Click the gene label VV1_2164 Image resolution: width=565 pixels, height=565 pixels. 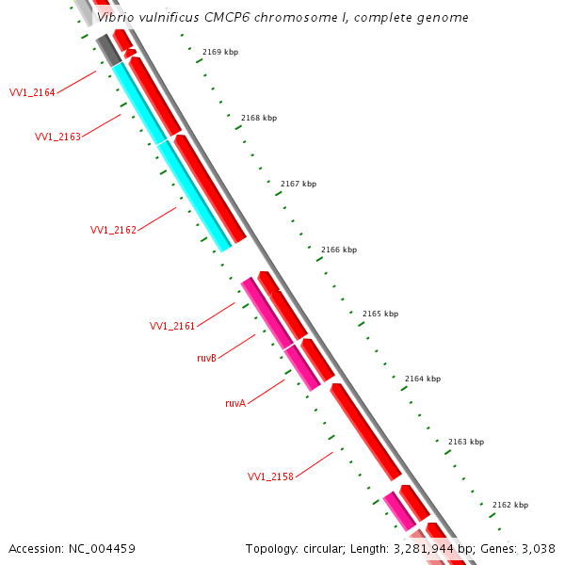(32, 92)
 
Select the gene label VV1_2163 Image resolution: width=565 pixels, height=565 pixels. (57, 137)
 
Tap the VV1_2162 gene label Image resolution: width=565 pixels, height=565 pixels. (113, 230)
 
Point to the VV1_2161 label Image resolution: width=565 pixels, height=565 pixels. (172, 326)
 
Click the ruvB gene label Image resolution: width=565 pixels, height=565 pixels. (207, 358)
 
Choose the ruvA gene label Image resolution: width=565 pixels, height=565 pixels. (235, 402)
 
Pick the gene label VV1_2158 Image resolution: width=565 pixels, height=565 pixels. (270, 476)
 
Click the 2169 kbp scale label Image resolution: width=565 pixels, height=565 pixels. (220, 52)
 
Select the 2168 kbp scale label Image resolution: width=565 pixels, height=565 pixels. (259, 118)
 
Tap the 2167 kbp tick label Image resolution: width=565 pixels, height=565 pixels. (299, 184)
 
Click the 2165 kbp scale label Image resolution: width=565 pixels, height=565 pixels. (380, 314)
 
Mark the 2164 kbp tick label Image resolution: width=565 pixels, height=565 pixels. (423, 379)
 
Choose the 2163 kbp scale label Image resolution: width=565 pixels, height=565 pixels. (465, 442)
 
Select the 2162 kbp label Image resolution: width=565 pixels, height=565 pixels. (509, 505)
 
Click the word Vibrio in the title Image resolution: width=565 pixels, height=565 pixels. (117, 18)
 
